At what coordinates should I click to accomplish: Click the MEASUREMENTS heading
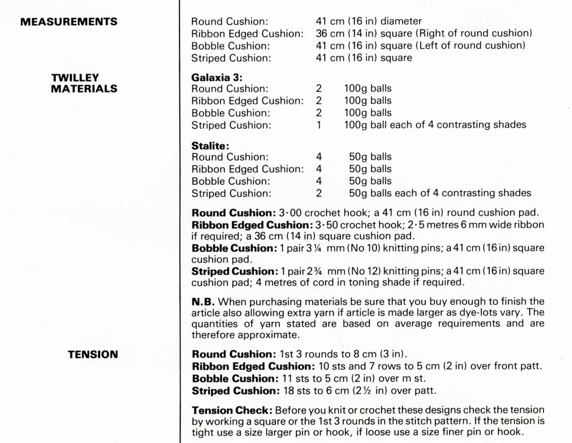69,21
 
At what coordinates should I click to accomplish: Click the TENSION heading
93,354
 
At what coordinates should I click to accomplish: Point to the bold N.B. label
203,302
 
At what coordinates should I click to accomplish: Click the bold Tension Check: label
232,410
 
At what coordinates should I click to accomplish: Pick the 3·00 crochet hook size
290,213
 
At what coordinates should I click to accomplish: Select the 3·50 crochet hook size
327,225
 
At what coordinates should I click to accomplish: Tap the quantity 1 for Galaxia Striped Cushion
319,125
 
